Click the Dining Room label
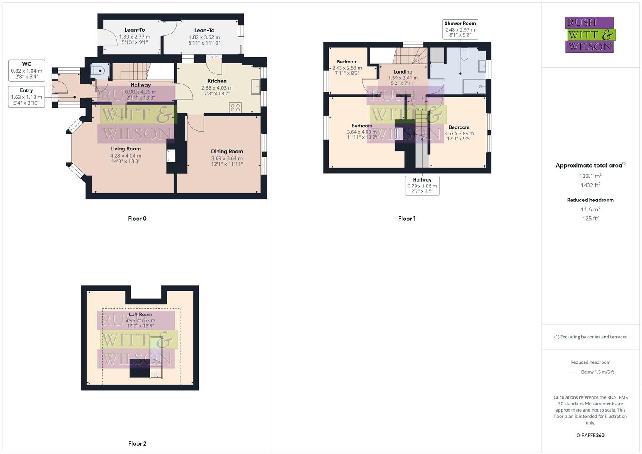tap(227, 151)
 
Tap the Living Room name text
tap(125, 149)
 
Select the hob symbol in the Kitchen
tap(235, 108)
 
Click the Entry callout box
tap(26, 97)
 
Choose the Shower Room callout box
tap(460, 29)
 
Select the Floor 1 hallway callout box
tap(422, 185)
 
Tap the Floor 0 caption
tap(137, 219)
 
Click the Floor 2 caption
tap(137, 443)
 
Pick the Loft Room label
tap(140, 314)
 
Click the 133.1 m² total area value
tap(590, 176)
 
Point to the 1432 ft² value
tap(590, 185)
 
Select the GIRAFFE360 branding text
tap(590, 435)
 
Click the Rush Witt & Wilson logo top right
tap(590, 34)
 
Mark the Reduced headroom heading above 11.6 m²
tap(590, 200)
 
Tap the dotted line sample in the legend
tap(572, 372)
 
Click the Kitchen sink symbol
tap(255, 87)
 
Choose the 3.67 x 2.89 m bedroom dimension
tap(459, 133)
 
